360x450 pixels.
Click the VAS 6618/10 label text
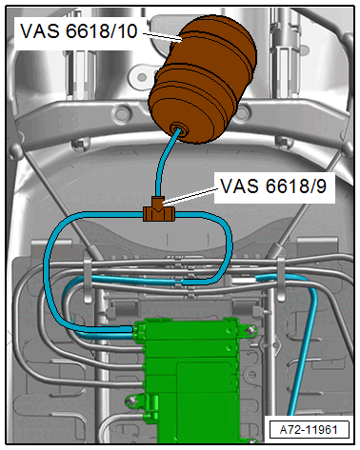click(79, 31)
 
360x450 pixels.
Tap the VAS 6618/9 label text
click(273, 186)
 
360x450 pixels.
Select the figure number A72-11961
click(309, 430)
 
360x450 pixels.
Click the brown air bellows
click(203, 79)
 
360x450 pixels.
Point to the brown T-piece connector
click(158, 210)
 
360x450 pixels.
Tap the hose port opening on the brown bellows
click(179, 129)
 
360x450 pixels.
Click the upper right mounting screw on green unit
click(250, 331)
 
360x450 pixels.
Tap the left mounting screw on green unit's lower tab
click(131, 401)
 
